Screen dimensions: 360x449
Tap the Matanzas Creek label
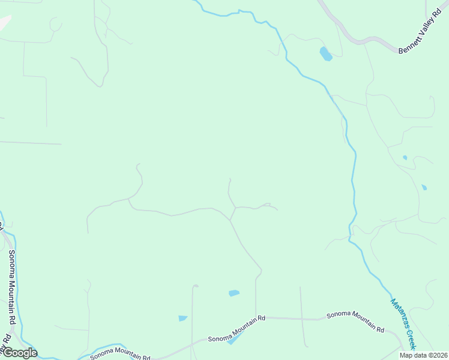(x=403, y=324)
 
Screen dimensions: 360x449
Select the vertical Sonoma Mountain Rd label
(x=12, y=287)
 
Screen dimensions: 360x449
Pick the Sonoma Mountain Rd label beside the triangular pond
(x=237, y=329)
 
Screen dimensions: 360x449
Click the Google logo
(x=20, y=353)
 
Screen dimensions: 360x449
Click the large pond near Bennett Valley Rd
(x=325, y=54)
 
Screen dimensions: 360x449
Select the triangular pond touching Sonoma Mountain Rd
(x=234, y=339)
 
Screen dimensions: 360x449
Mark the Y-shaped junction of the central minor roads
(x=231, y=220)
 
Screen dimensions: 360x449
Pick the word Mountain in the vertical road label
(x=12, y=288)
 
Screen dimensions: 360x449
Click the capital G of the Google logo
(x=8, y=353)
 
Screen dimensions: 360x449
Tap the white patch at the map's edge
(x=4, y=22)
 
